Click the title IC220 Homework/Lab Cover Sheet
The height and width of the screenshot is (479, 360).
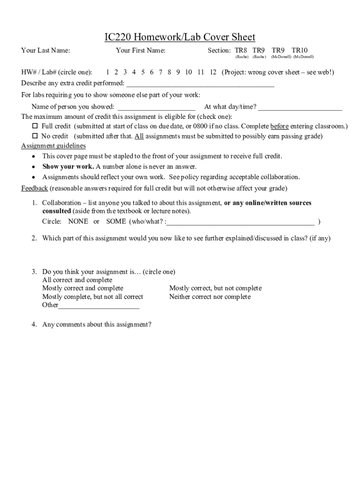[180, 37]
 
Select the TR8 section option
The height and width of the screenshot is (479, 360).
[241, 51]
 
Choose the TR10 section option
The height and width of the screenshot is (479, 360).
[300, 51]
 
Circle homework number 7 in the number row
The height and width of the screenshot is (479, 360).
[160, 72]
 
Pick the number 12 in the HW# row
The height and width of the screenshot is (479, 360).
[213, 72]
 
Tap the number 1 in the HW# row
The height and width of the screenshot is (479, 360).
[108, 72]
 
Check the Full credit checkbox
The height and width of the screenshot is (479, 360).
[35, 126]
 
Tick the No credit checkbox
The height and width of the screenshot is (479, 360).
[35, 137]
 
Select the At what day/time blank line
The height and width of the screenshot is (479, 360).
[300, 108]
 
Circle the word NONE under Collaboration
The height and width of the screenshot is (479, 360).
[78, 221]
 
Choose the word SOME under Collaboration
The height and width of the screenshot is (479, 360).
[116, 221]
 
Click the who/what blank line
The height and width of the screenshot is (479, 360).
[241, 222]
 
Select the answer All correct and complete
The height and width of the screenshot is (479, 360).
[77, 280]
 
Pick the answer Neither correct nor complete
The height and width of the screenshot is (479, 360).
[210, 297]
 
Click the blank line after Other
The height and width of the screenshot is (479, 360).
[99, 306]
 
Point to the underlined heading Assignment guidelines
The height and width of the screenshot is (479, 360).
[53, 146]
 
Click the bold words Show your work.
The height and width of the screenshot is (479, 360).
[68, 167]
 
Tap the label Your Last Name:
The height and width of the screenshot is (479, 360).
[46, 51]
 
